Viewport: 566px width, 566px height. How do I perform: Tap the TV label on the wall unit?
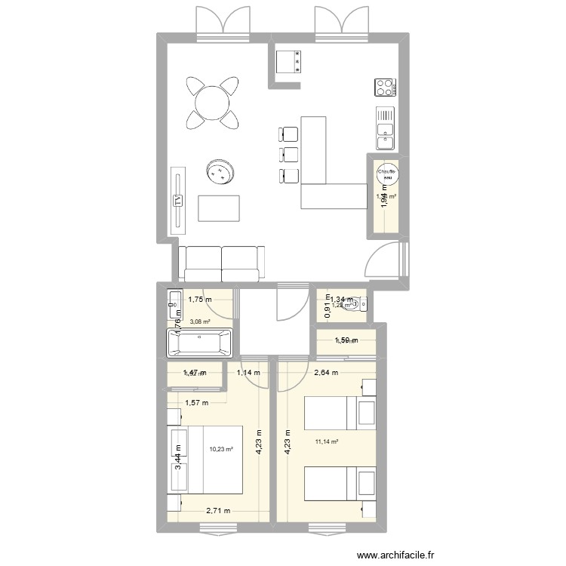coord(178,201)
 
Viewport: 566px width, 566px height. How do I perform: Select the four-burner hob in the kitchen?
coord(385,88)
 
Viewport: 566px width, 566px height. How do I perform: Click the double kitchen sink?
coord(386,128)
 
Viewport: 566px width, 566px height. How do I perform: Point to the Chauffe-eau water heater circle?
coord(387,174)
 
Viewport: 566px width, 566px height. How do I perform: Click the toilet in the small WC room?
coord(363,304)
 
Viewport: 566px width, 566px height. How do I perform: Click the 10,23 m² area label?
coord(222,448)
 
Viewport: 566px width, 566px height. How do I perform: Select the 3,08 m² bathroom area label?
coord(200,321)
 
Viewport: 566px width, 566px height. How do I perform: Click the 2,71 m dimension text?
coord(217,511)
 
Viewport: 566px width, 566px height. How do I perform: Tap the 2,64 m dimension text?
coord(326,372)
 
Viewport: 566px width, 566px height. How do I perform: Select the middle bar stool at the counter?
coord(288,155)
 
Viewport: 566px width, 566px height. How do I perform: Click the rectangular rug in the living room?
coord(219,208)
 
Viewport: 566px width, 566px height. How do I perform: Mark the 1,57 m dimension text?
coord(196,401)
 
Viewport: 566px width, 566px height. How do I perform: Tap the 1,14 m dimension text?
coord(248,372)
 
